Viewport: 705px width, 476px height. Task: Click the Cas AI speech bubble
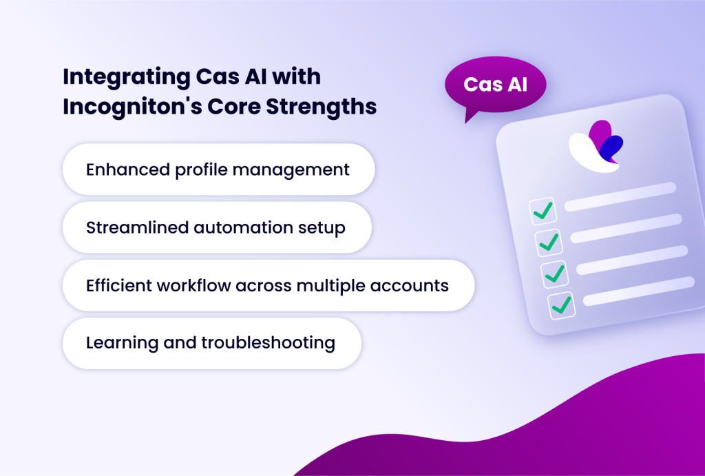495,85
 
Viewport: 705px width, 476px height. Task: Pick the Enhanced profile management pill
218,169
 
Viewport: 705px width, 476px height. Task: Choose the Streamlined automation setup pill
216,227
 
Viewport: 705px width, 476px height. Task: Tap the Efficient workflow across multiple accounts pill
268,285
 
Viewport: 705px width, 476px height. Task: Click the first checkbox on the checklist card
543,211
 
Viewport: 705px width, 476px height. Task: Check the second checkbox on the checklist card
549,242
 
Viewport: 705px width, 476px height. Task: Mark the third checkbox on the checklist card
555,273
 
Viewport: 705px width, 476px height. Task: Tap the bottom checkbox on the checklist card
561,304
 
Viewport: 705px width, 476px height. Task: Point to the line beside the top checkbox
620,196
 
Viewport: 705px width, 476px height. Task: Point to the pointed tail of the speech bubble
470,118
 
